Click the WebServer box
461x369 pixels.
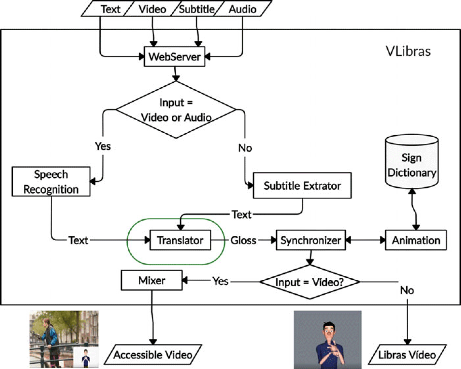pyautogui.click(x=175, y=57)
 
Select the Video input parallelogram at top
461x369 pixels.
pyautogui.click(x=152, y=9)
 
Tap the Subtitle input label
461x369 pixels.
pyautogui.click(x=196, y=9)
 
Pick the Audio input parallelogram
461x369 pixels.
pyautogui.click(x=242, y=9)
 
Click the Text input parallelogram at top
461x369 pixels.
pyautogui.click(x=110, y=9)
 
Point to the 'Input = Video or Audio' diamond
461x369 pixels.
pyautogui.click(x=176, y=110)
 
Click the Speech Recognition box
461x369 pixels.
pyautogui.click(x=51, y=182)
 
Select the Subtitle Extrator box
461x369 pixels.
pyautogui.click(x=302, y=185)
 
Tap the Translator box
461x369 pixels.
pyautogui.click(x=180, y=240)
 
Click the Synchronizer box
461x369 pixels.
pyautogui.click(x=310, y=240)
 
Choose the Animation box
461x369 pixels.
pyautogui.click(x=416, y=240)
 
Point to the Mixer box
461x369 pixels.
pyautogui.click(x=151, y=280)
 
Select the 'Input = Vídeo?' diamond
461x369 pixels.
pyautogui.click(x=310, y=282)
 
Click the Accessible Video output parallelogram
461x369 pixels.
pyautogui.click(x=153, y=354)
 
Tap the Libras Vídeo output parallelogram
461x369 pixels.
pyautogui.click(x=407, y=354)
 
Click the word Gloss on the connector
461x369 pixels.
pyautogui.click(x=243, y=241)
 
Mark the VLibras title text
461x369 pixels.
pyautogui.click(x=408, y=51)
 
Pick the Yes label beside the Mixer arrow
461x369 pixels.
pyautogui.click(x=221, y=281)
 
